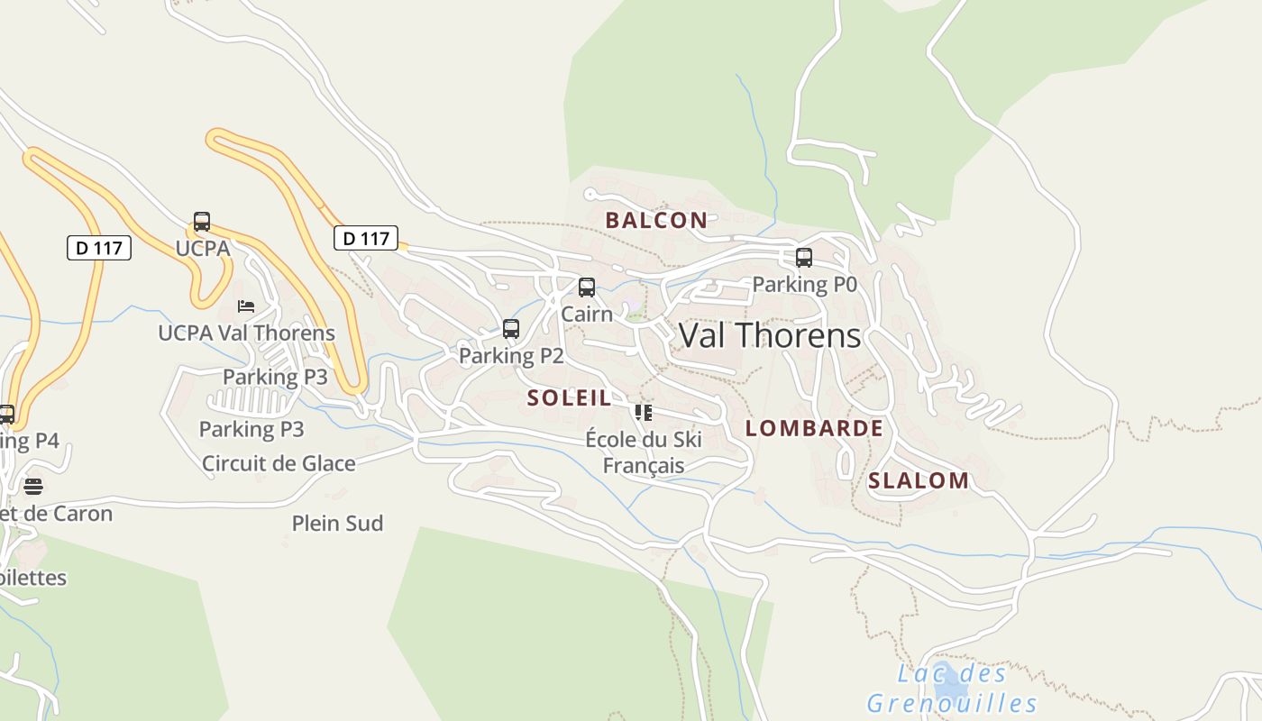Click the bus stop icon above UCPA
click(x=202, y=222)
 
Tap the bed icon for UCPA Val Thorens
click(x=246, y=306)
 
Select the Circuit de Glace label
click(x=279, y=463)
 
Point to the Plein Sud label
click(x=337, y=523)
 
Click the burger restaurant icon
click(x=33, y=487)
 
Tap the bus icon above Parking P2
click(x=511, y=329)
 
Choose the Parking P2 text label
click(x=511, y=356)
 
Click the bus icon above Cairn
click(x=587, y=287)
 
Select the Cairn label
click(x=587, y=314)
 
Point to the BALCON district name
click(x=656, y=220)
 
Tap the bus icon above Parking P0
click(x=804, y=258)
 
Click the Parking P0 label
click(x=804, y=285)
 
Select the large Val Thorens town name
click(x=770, y=335)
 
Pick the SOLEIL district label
click(x=569, y=397)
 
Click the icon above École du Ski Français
click(x=643, y=413)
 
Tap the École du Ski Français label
click(x=644, y=452)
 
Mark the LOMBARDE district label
click(x=814, y=428)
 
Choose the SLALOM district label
click(x=919, y=480)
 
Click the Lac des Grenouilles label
click(x=952, y=689)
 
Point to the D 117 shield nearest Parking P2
click(x=366, y=238)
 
